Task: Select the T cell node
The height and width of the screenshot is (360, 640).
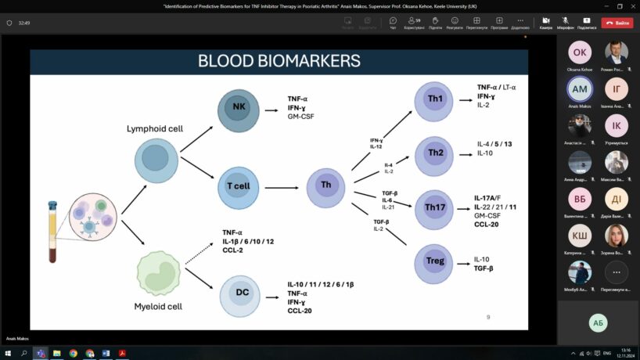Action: pos(237,186)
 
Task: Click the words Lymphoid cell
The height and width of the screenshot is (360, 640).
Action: pos(155,127)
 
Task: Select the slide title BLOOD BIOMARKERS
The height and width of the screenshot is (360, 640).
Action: pos(279,60)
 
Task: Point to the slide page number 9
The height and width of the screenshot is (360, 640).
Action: pos(488,317)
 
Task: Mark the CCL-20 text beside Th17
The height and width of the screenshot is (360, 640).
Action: pos(486,224)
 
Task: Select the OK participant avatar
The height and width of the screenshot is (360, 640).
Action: pos(579,53)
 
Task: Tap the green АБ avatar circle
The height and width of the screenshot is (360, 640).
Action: pos(599,322)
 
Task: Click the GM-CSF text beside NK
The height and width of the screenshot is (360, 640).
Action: pos(301,117)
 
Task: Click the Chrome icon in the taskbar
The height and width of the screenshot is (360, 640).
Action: pos(73,353)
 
